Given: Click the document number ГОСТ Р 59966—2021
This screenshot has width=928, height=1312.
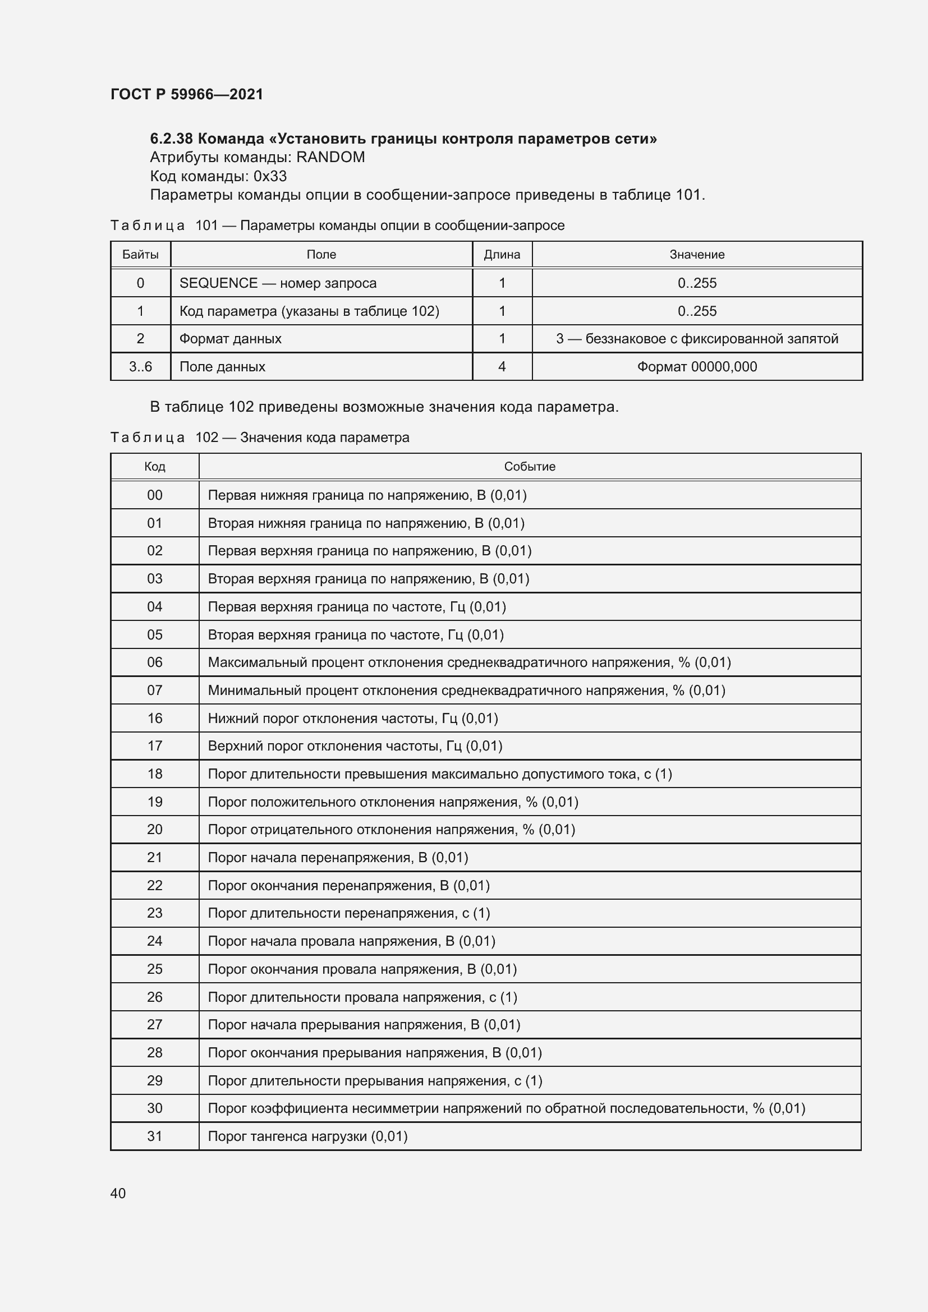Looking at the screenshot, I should (x=187, y=94).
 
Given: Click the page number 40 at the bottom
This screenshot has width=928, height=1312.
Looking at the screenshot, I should (x=118, y=1193).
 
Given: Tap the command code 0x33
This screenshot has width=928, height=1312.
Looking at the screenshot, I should (x=270, y=176).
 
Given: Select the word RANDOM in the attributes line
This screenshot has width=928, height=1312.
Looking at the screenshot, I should (x=330, y=157).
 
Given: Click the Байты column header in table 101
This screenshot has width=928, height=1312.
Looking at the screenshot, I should (x=141, y=255).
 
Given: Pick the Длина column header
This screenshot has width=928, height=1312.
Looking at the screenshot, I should (x=502, y=255).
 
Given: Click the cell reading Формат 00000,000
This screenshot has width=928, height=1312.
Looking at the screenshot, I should (x=697, y=367).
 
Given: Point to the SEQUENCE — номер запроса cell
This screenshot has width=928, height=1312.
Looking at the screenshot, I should (x=278, y=283).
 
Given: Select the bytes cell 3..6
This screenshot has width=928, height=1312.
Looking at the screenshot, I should (x=141, y=367).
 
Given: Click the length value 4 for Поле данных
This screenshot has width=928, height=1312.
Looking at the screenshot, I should (x=502, y=367).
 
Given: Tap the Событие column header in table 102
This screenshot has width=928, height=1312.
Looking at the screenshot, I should (x=529, y=467).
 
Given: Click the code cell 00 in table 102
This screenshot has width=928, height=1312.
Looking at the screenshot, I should (x=155, y=495).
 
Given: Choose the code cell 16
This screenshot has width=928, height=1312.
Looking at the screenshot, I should (x=155, y=719).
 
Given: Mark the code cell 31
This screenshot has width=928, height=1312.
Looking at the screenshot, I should (x=155, y=1136).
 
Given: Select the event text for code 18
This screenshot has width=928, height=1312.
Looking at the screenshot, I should (x=439, y=774).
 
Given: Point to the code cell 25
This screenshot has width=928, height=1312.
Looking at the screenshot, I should (x=155, y=969).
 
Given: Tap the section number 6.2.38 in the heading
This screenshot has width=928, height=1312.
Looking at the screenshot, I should (x=172, y=139).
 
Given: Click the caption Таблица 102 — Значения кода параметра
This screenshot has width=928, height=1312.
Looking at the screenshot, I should (x=260, y=438).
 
